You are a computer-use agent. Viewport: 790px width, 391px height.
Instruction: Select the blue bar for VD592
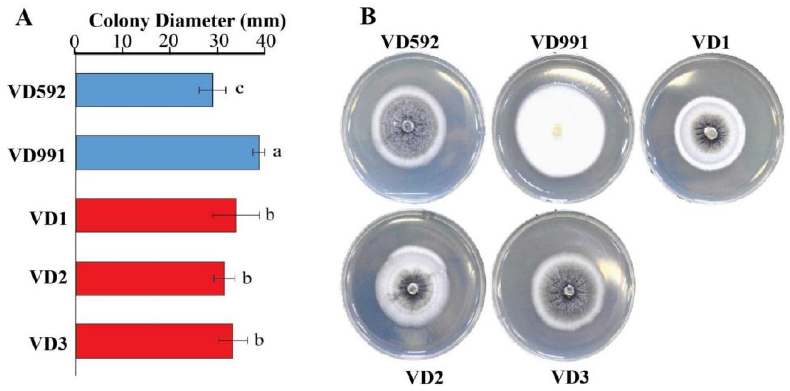144,90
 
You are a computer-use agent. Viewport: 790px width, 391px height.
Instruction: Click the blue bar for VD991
167,152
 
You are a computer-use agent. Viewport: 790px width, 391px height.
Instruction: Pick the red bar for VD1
156,215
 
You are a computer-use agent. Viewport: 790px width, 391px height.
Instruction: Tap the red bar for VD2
150,278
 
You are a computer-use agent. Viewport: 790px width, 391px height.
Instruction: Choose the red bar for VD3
154,341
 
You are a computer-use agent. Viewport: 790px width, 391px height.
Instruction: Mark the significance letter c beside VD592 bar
240,89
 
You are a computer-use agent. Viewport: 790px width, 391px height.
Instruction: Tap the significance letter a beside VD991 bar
277,152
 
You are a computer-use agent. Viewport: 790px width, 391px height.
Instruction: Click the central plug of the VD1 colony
708,133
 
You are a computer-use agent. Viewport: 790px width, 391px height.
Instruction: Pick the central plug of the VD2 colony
412,288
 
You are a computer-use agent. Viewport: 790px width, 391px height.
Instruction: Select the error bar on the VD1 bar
236,215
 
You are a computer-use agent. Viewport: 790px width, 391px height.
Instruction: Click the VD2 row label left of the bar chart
48,278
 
